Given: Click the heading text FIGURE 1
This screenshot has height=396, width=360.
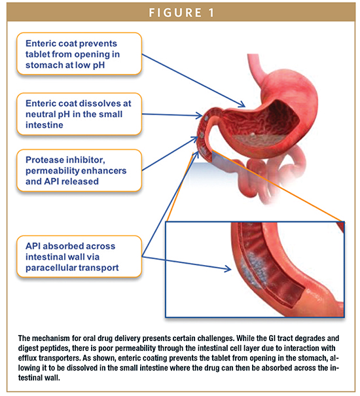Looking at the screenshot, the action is [181, 12].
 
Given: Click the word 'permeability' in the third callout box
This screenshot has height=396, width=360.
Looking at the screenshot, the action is [52, 171].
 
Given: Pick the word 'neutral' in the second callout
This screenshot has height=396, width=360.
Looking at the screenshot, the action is [41, 114].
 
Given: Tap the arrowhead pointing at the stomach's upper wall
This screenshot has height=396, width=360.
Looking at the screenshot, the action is [242, 104].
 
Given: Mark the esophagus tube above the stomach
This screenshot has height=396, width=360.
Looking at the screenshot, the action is [256, 69].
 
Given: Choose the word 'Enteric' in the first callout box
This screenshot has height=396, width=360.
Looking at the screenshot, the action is [41, 43].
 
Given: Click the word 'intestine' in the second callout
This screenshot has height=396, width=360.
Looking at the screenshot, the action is [45, 125].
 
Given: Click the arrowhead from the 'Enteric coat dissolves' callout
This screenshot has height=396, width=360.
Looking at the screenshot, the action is [199, 116].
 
